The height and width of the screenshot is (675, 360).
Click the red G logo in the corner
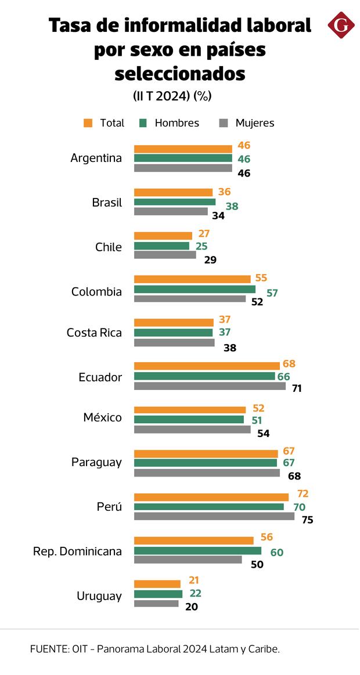(x=341, y=26)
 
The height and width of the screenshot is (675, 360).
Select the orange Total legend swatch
(x=88, y=123)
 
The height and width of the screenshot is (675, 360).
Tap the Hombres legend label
(x=177, y=123)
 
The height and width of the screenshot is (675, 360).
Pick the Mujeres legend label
(x=254, y=123)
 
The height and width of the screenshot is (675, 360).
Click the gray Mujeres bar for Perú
(x=214, y=516)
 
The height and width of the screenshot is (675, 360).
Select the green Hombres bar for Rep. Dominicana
(x=197, y=551)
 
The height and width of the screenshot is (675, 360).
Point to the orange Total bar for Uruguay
(x=157, y=584)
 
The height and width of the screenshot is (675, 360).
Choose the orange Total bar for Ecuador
(x=207, y=366)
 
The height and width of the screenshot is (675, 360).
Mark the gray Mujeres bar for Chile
(x=165, y=255)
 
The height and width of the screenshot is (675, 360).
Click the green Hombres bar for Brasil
(x=175, y=202)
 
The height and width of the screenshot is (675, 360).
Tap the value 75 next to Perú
(x=307, y=520)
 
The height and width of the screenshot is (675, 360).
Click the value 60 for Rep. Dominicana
(x=276, y=553)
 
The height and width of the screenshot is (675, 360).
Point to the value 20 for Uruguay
(x=192, y=607)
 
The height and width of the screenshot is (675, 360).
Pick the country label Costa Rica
(x=94, y=333)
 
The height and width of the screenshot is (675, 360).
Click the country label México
(x=102, y=418)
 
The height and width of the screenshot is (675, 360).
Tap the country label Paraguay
(x=96, y=463)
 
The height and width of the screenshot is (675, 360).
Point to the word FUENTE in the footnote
(x=49, y=649)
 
